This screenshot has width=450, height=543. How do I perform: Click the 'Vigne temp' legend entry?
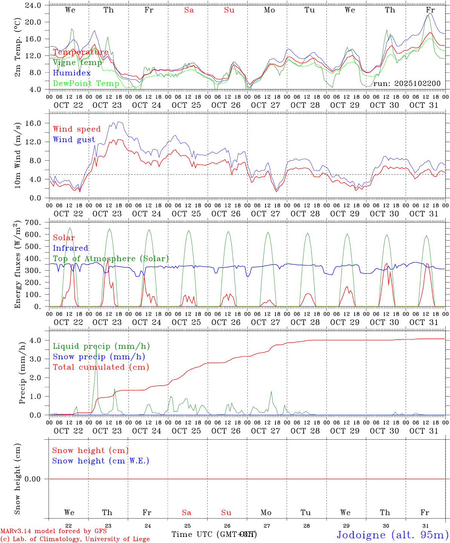[77, 63]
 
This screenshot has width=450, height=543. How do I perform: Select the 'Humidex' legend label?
[72, 73]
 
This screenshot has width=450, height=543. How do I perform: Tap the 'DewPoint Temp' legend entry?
[86, 83]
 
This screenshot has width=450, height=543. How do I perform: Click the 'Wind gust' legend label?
[74, 140]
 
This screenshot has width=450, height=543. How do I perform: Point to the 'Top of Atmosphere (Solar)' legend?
[111, 259]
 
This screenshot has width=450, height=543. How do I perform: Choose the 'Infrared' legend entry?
[70, 248]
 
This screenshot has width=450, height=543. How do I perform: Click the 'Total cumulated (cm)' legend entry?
[101, 367]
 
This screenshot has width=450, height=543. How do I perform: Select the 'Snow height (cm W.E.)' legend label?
[101, 461]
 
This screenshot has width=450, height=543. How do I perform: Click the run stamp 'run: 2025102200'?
[407, 83]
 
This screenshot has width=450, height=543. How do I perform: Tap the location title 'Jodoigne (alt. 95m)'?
[392, 535]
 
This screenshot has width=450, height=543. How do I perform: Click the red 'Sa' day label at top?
[189, 10]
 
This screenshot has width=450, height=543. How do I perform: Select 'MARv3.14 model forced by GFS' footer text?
[53, 531]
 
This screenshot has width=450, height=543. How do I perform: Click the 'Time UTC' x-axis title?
[193, 534]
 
